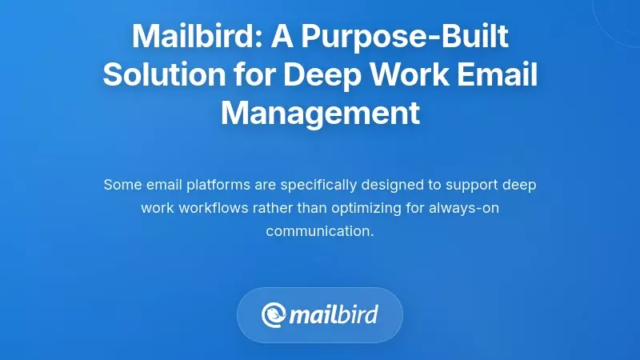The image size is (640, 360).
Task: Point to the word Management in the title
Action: click(x=320, y=113)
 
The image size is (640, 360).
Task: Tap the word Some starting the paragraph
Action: click(x=121, y=185)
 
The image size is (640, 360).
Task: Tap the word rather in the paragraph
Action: click(x=268, y=208)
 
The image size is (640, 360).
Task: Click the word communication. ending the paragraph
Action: click(x=320, y=231)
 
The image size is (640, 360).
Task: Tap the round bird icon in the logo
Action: click(x=274, y=314)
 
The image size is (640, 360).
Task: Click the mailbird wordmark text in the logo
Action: click(x=334, y=314)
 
